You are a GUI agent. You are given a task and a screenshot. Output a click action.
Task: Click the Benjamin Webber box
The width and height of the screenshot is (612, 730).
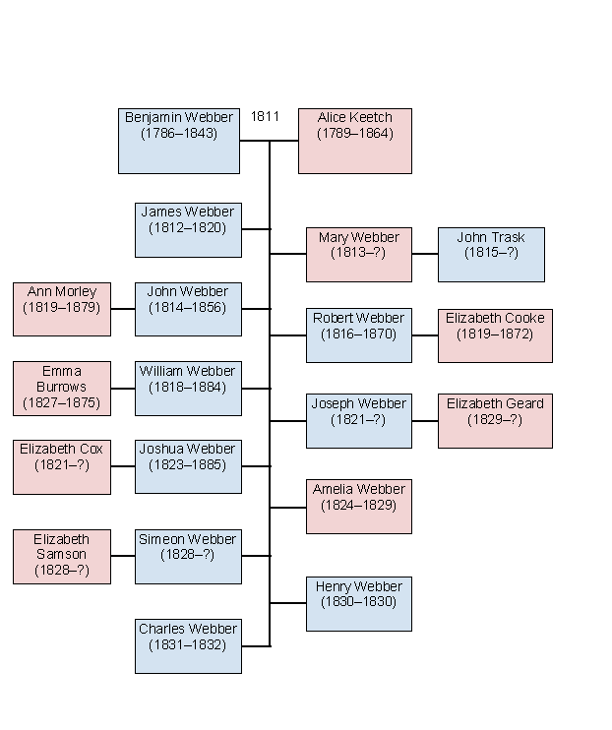click(178, 141)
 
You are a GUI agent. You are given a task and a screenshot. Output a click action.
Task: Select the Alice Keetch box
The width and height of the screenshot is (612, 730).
click(354, 141)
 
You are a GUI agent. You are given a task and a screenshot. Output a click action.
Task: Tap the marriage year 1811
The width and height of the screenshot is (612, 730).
click(265, 116)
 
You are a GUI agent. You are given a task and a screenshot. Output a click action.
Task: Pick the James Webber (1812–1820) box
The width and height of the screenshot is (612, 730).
click(188, 229)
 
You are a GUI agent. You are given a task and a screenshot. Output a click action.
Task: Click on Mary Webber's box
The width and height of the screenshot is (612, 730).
click(358, 254)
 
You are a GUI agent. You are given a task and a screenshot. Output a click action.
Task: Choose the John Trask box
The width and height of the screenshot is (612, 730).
click(491, 254)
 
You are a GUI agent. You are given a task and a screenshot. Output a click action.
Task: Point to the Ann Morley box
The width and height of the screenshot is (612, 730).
click(62, 309)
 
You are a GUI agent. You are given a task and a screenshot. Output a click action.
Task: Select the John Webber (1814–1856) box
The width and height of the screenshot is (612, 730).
click(188, 309)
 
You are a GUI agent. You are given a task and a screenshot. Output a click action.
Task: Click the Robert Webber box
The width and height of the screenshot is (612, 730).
click(358, 335)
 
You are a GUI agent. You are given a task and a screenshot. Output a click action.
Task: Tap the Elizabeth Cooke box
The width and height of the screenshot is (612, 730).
click(495, 335)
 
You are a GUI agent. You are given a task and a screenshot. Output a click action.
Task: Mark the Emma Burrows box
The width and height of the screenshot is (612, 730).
click(62, 388)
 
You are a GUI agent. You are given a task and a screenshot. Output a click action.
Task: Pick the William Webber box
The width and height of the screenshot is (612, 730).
click(188, 388)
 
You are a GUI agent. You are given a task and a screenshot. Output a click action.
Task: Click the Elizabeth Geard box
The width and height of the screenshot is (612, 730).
click(495, 420)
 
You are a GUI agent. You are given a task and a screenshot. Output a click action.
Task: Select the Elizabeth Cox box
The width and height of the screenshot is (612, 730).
click(62, 466)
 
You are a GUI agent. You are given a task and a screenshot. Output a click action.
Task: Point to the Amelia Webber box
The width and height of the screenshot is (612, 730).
click(358, 506)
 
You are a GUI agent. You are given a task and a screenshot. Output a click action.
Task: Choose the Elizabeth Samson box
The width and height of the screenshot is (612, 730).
click(62, 556)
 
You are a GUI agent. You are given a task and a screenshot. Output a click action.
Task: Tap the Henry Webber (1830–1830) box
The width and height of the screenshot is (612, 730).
click(358, 603)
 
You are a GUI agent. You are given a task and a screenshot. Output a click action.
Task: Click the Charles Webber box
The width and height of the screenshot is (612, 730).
click(188, 645)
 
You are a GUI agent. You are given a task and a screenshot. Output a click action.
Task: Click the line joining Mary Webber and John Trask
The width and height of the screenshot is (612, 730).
click(425, 254)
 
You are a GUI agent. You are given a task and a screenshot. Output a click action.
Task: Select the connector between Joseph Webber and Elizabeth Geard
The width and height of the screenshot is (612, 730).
click(425, 420)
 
